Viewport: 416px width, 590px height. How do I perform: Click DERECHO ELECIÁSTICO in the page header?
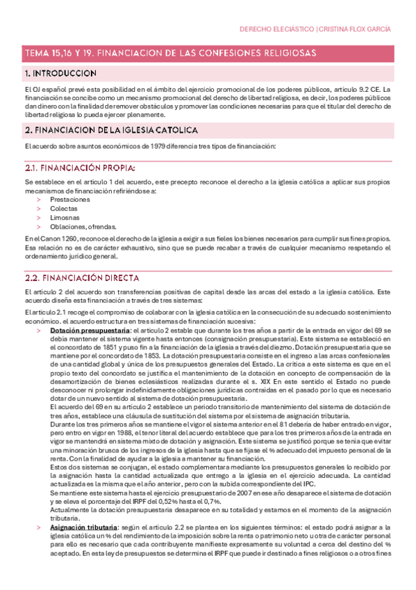pyautogui.click(x=276, y=29)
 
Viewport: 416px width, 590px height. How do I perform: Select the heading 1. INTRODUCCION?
pyautogui.click(x=60, y=73)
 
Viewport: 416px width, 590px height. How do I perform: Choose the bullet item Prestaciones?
pyautogui.click(x=69, y=199)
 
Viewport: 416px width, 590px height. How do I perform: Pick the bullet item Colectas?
pyautogui.click(x=63, y=208)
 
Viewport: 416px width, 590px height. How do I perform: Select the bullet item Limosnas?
pyautogui.click(x=65, y=217)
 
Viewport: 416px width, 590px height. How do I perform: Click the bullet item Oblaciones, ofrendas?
pyautogui.click(x=83, y=226)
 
